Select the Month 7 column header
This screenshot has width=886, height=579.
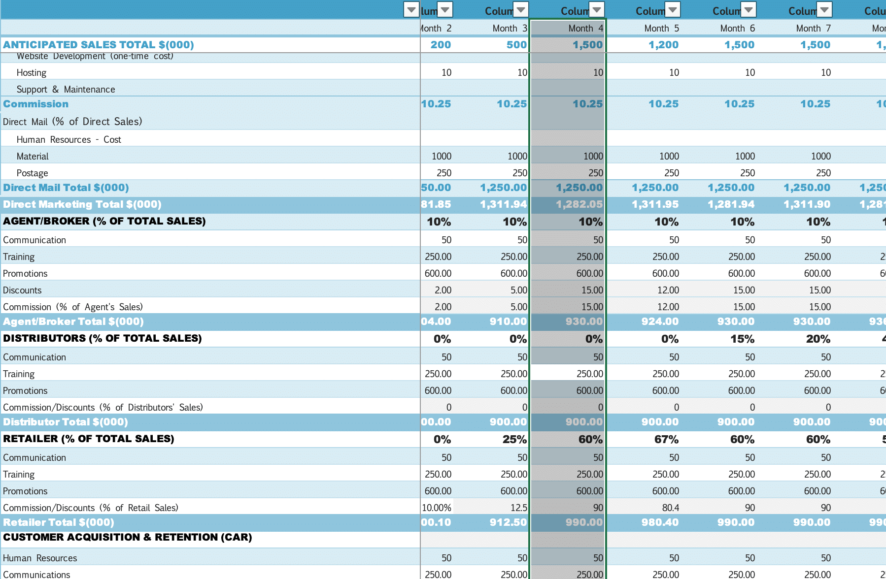click(x=813, y=29)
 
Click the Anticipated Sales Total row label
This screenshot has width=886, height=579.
click(x=99, y=45)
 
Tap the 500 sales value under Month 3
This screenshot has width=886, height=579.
click(x=516, y=45)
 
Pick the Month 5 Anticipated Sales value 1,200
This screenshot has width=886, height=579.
click(x=663, y=45)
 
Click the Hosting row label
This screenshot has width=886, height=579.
click(x=32, y=73)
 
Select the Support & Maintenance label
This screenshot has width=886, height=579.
click(x=66, y=90)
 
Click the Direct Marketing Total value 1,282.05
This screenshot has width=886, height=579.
click(x=579, y=204)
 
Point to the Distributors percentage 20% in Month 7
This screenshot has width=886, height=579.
click(x=818, y=339)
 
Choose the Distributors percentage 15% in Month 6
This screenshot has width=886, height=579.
click(x=742, y=339)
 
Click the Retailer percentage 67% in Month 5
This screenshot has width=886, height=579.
click(x=666, y=440)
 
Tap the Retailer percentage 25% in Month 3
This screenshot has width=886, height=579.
click(x=514, y=440)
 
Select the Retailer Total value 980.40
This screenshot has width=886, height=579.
click(x=660, y=522)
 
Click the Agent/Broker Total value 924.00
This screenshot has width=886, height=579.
click(x=660, y=322)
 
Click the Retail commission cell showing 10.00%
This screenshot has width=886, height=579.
click(x=437, y=508)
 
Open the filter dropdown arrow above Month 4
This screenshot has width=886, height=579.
click(x=597, y=9)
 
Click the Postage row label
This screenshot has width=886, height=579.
click(x=33, y=173)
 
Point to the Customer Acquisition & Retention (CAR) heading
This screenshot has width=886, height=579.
click(x=127, y=537)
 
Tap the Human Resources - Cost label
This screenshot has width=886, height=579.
click(x=68, y=140)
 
